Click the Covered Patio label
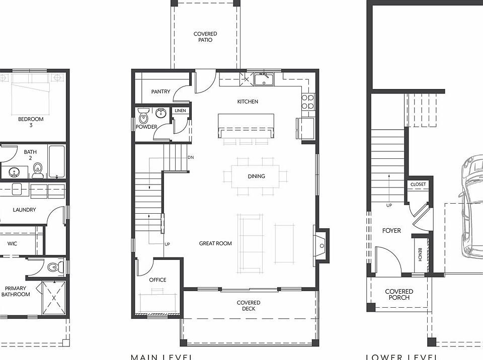tap(205, 37)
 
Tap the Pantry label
tap(160, 92)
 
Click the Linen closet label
tap(180, 111)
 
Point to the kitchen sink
tap(262, 79)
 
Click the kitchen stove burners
tap(307, 102)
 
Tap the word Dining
tap(256, 176)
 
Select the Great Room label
tap(215, 243)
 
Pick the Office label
tap(157, 280)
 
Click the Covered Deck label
tap(249, 306)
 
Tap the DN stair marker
tap(191, 157)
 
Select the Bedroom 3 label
tap(31, 122)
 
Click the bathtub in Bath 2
tap(56, 161)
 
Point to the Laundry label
tap(24, 210)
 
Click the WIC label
tap(13, 243)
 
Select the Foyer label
tap(391, 231)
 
